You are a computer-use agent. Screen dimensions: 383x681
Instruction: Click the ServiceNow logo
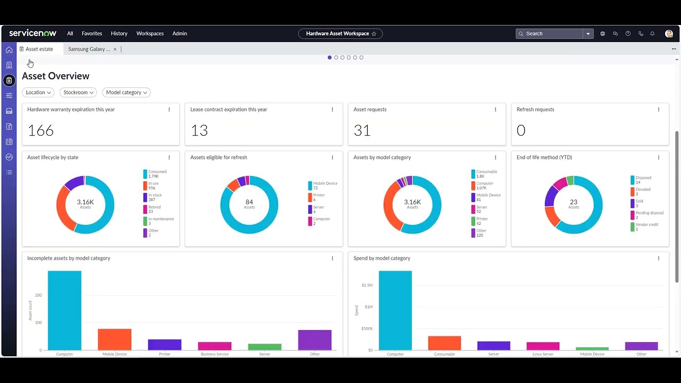click(x=32, y=34)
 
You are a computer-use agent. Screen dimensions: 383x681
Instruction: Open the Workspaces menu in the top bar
click(x=150, y=34)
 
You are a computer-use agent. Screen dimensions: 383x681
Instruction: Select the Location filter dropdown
click(x=38, y=93)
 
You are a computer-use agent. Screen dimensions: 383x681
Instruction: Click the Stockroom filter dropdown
click(x=78, y=93)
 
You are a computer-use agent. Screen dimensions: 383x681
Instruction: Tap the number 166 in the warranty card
click(x=41, y=130)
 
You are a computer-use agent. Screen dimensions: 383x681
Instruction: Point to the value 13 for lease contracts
click(x=199, y=130)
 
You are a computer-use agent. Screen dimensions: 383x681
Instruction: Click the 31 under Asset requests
click(x=362, y=130)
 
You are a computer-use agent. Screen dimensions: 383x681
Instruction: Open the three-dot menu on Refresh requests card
click(x=658, y=110)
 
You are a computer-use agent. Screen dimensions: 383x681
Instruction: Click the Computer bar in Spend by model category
click(x=395, y=311)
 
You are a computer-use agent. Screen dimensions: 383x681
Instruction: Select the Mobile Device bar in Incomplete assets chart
click(x=114, y=339)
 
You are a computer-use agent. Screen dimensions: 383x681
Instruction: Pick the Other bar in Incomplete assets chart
click(x=314, y=340)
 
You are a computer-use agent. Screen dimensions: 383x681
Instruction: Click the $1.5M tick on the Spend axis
click(x=367, y=285)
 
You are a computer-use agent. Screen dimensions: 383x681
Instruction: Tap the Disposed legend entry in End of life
click(x=643, y=180)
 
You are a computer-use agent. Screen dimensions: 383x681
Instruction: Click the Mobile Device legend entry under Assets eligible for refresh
click(x=325, y=186)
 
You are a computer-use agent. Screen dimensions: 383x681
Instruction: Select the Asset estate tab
click(x=39, y=49)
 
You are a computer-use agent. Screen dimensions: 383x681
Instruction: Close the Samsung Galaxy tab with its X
click(x=115, y=49)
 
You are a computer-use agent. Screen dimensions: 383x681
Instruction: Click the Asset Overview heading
click(x=56, y=76)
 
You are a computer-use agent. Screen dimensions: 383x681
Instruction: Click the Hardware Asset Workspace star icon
click(x=374, y=34)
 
